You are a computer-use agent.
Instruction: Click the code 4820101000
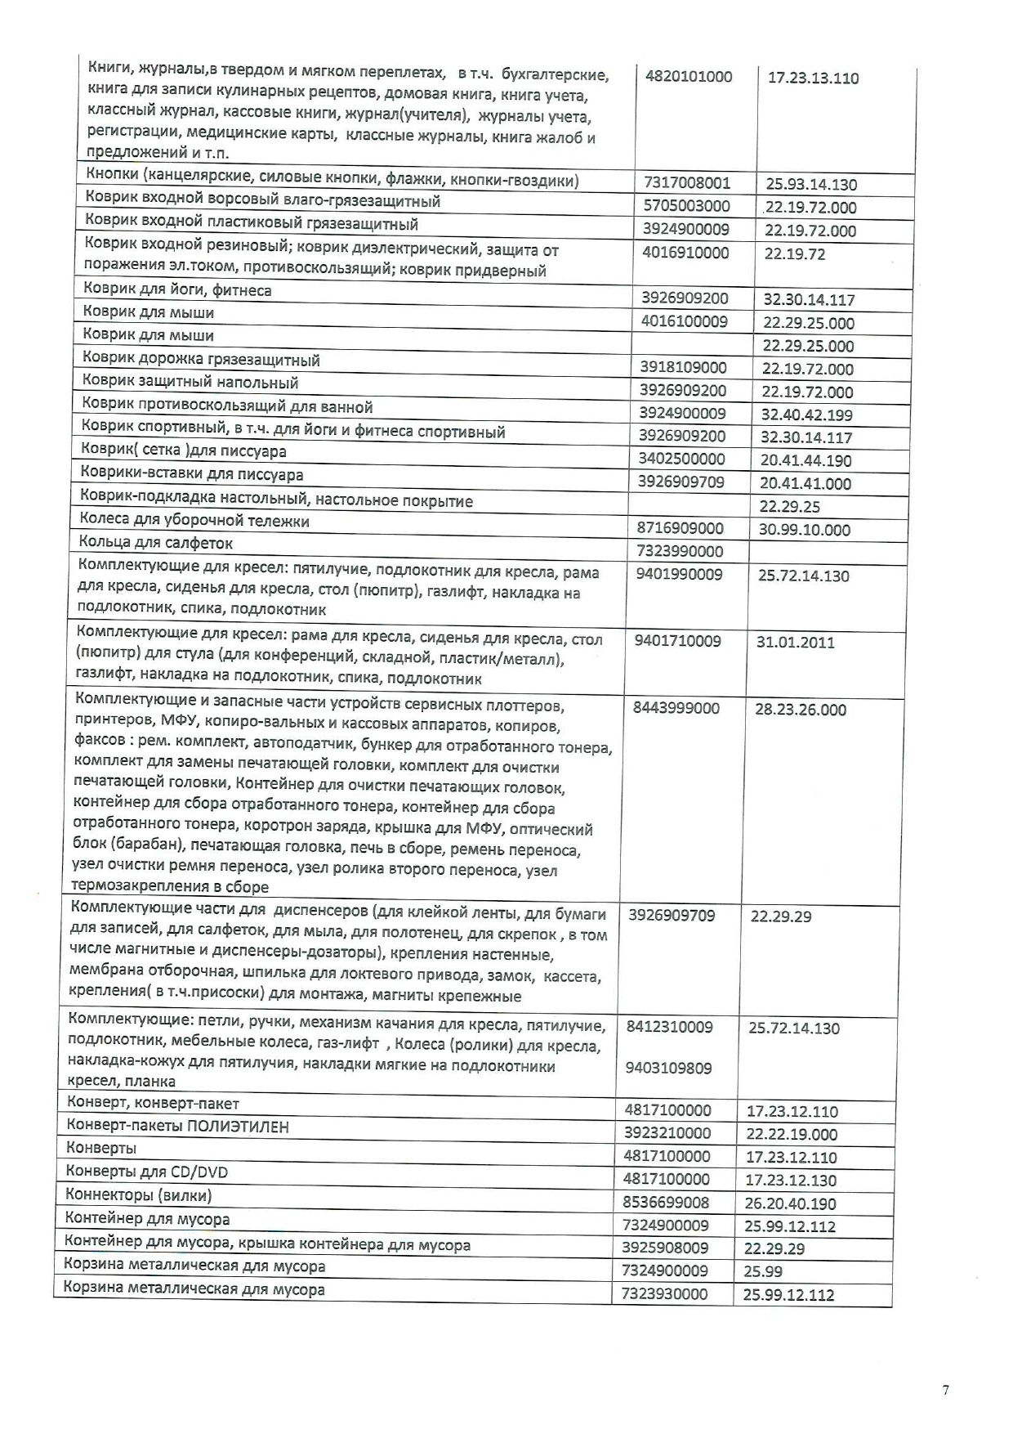689,77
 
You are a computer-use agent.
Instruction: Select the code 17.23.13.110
813,78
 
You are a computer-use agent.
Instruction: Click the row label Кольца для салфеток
156,543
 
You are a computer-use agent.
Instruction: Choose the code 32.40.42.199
806,415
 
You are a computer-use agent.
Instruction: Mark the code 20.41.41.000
805,483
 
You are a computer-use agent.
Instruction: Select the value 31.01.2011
795,642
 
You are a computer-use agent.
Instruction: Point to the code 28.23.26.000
801,710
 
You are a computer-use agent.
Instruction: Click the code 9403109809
669,1068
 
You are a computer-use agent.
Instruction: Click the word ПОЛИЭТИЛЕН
238,1127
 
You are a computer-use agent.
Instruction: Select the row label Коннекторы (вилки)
139,1195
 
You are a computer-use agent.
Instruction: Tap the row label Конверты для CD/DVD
146,1172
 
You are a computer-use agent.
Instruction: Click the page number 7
946,1390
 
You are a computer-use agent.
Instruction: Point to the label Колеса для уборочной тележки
194,521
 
